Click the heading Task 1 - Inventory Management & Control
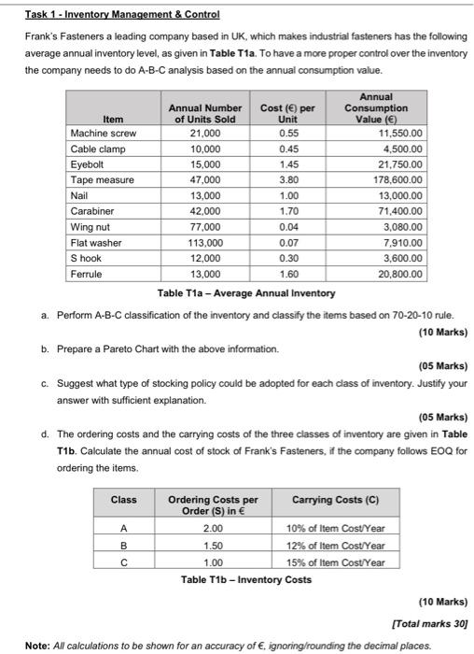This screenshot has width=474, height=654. [110, 16]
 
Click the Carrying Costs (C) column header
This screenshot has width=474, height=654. [335, 500]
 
